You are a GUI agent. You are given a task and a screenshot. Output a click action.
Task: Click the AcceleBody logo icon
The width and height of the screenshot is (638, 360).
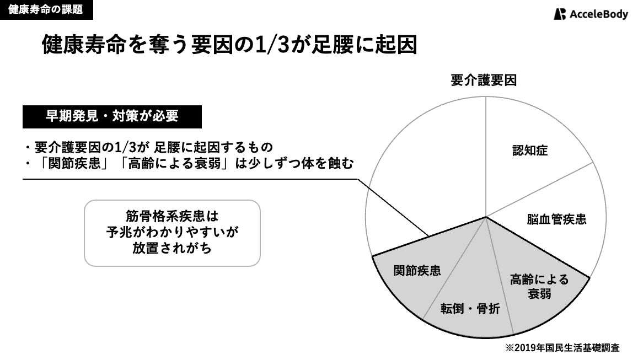point(560,14)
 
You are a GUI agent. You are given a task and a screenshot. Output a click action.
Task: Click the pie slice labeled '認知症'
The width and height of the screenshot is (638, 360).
point(530,151)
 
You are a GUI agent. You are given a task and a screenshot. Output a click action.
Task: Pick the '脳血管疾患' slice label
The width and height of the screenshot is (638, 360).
point(556,219)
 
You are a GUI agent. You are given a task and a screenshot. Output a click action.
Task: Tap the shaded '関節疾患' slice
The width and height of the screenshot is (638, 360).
point(417,271)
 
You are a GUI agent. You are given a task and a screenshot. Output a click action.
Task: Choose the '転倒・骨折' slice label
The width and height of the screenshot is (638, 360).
point(470,309)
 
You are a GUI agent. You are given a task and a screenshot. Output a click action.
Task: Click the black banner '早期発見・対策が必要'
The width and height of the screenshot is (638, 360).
point(112,117)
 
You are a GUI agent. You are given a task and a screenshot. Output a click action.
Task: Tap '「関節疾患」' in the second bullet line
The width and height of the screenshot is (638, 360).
point(73,164)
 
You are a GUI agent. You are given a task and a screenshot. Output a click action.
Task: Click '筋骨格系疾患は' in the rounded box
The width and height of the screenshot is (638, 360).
point(171,214)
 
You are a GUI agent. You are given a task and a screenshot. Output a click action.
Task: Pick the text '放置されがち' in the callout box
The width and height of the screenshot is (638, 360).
point(171,249)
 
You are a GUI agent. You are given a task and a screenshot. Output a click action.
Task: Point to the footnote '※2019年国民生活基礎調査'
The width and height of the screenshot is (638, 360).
point(562,347)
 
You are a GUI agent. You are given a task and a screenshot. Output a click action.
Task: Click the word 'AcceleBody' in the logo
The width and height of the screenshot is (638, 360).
point(599,14)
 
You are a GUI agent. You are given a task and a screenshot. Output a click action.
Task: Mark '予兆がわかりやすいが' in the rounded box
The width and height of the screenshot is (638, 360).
point(171,232)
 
